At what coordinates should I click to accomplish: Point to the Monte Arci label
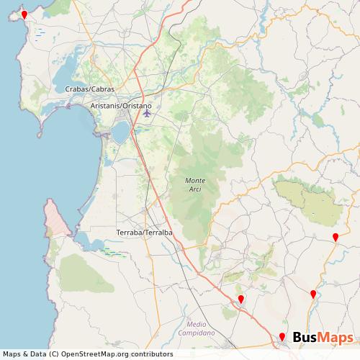point(194,184)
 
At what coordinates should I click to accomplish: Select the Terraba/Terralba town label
point(144,233)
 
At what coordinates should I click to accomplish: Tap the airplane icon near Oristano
point(147,112)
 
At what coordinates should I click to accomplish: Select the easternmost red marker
point(336,238)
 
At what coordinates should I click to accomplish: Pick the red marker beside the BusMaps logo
point(282,337)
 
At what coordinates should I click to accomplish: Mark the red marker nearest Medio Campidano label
point(241,300)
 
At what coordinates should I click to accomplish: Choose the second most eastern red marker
point(313,294)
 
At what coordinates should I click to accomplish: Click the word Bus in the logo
point(307,338)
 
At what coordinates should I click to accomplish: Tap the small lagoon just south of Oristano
point(120,131)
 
